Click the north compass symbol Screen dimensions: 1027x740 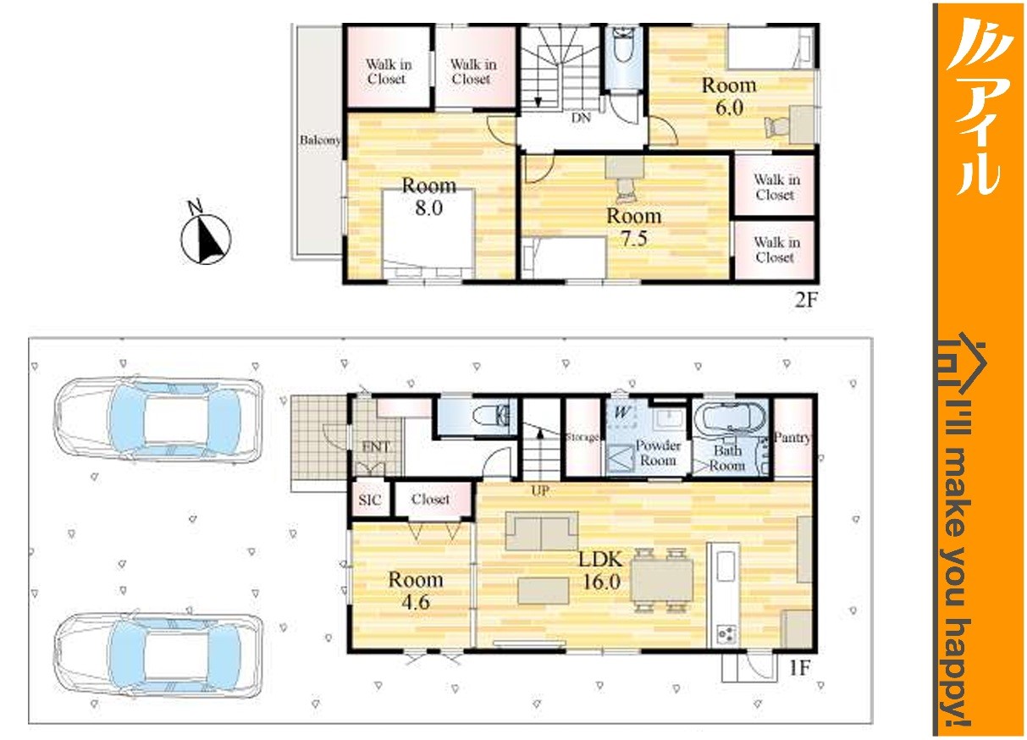click(206, 235)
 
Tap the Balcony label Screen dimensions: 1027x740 click(320, 141)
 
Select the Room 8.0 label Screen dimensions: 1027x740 click(429, 196)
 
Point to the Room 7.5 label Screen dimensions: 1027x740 click(634, 227)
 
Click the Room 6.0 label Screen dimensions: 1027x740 click(729, 97)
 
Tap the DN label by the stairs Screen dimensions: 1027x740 click(581, 119)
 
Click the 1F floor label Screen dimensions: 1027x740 click(799, 668)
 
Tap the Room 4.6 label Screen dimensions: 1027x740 click(416, 590)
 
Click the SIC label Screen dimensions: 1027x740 click(369, 500)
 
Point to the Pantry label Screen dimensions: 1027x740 click(792, 438)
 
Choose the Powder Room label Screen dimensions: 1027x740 click(658, 452)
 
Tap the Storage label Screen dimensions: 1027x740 click(583, 437)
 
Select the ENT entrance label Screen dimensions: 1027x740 click(376, 446)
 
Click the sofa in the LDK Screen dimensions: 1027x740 click(542, 531)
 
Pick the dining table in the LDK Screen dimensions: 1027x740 click(662, 580)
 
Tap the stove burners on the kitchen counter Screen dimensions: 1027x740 click(726, 633)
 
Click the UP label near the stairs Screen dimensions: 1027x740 click(540, 490)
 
